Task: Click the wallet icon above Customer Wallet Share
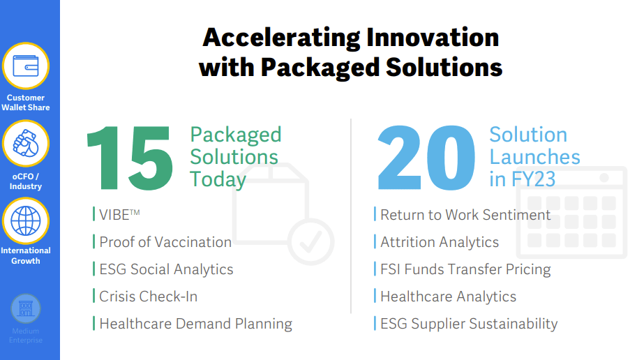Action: point(26,66)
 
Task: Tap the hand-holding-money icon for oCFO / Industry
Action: point(26,144)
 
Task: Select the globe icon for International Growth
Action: point(26,221)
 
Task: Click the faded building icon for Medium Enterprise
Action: point(26,309)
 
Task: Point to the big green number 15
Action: point(130,158)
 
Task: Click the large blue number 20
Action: point(426,158)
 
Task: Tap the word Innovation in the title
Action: point(433,38)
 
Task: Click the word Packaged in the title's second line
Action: point(320,68)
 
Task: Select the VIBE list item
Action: point(119,215)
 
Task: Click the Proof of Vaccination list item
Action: point(165,242)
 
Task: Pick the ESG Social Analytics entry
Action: point(166,269)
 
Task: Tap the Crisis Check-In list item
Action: point(149,297)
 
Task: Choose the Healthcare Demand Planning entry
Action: point(196,324)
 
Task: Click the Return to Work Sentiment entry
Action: point(465,215)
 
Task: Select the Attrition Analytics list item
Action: point(440,242)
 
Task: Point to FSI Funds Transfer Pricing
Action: point(465,269)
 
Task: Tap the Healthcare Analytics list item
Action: point(448,297)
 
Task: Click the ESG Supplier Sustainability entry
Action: point(469,324)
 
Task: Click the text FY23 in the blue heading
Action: point(533,179)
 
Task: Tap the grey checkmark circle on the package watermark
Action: point(310,242)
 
